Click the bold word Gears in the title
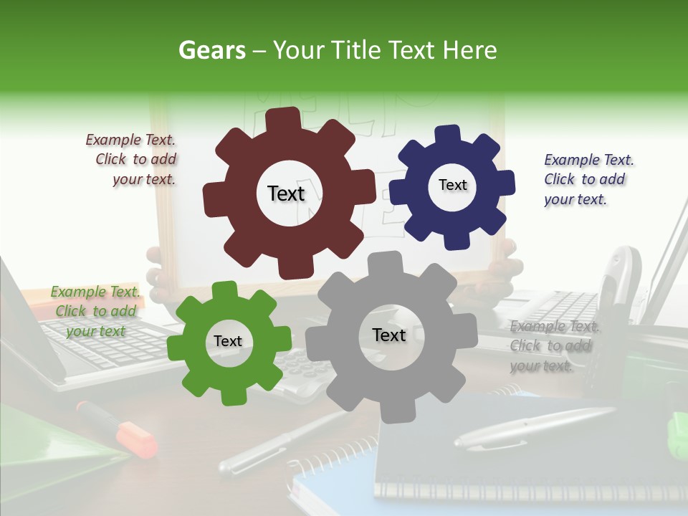(212, 50)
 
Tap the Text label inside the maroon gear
(286, 193)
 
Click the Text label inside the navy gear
(452, 185)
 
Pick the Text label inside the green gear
(228, 342)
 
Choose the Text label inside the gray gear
(389, 335)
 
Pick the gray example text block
(552, 346)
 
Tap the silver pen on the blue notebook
(534, 428)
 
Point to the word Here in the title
(470, 50)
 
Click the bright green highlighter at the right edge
(677, 434)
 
